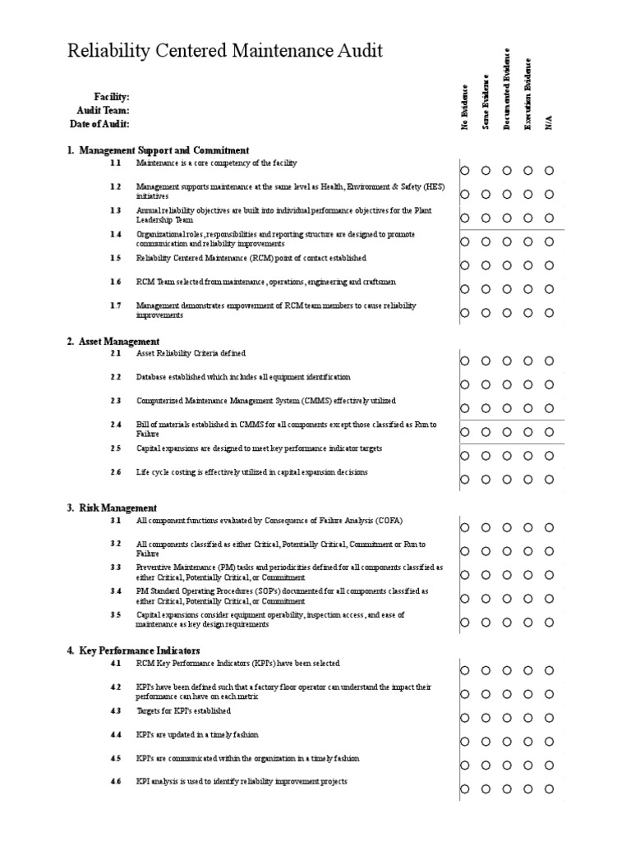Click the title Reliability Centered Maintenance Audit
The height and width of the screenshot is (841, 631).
click(224, 52)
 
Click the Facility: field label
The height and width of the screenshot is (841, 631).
click(112, 97)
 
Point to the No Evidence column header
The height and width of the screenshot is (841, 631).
click(465, 107)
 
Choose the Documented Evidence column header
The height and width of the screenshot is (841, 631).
click(508, 89)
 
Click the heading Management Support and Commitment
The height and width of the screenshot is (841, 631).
click(164, 150)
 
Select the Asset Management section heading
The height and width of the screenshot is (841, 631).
click(119, 341)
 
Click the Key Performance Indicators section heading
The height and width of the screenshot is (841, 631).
click(139, 650)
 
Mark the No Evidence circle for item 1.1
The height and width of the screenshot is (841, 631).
click(465, 171)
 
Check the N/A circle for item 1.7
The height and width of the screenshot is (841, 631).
click(550, 312)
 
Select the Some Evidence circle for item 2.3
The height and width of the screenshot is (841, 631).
click(486, 407)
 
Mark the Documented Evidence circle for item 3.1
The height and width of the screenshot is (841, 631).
click(508, 527)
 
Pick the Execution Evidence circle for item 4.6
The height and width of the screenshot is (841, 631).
click(528, 788)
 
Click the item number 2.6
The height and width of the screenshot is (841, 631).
click(115, 472)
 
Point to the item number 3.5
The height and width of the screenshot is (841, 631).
click(115, 614)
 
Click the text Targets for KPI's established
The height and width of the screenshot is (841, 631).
click(183, 710)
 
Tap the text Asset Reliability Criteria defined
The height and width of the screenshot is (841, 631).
click(191, 353)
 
